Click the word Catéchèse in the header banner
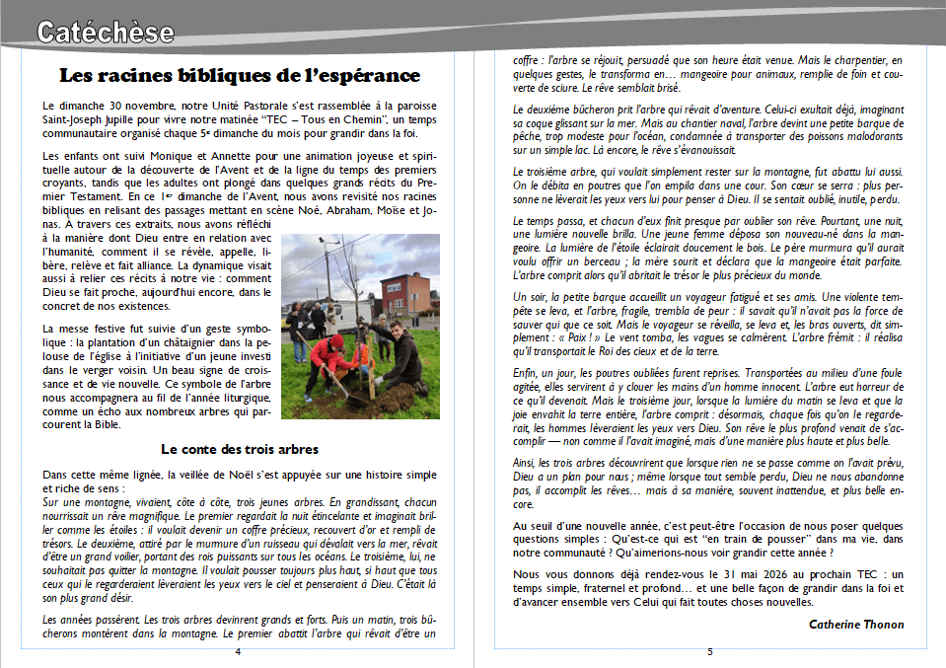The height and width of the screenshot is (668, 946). tap(106, 33)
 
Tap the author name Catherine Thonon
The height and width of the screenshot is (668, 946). tap(855, 624)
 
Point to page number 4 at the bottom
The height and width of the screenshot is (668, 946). tap(237, 652)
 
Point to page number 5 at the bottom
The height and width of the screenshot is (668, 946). tap(709, 652)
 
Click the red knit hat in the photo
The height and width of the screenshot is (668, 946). tap(336, 340)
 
